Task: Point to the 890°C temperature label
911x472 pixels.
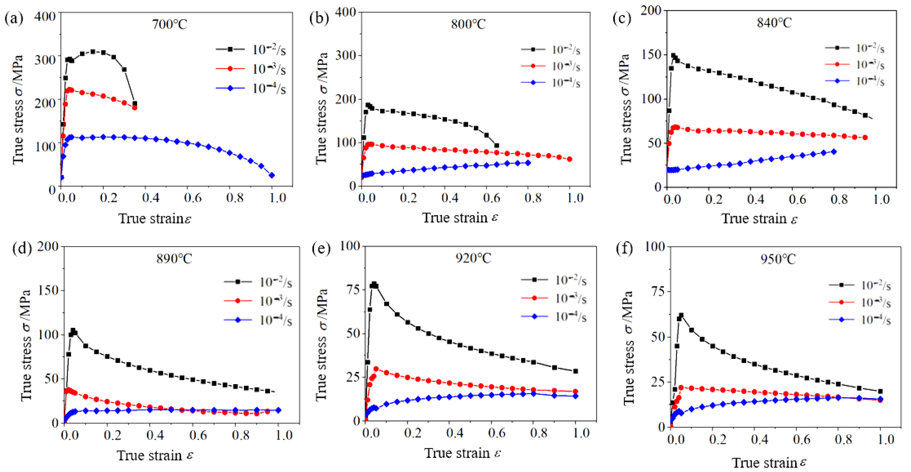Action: (174, 259)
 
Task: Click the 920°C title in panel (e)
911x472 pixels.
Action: (473, 258)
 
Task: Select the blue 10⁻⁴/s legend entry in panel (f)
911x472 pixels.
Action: (859, 320)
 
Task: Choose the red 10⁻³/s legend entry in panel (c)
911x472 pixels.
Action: (854, 64)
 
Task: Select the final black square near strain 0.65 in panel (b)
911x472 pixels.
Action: (497, 145)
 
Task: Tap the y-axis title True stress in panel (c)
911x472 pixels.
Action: (625, 109)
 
